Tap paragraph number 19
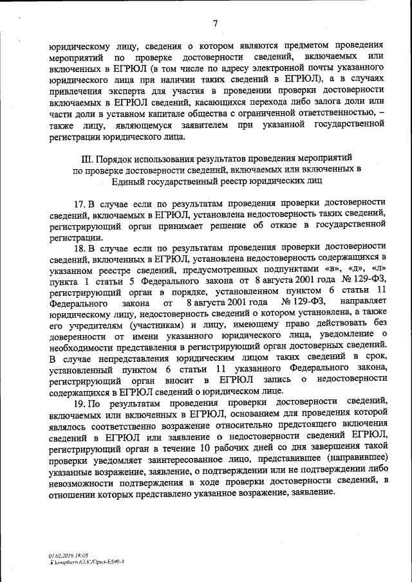click(x=80, y=403)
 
